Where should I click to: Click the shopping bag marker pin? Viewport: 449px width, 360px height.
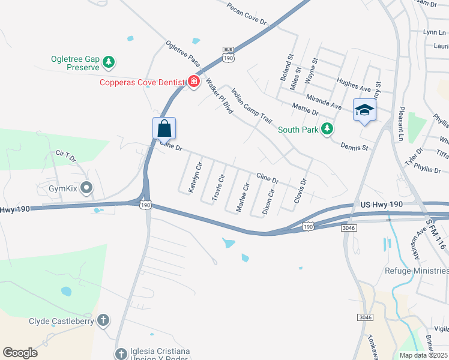(164, 128)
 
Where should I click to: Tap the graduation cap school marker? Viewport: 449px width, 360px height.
(364, 110)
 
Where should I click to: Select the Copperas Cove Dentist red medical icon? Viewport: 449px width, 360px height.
(193, 82)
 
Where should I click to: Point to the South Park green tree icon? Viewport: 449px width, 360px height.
(327, 129)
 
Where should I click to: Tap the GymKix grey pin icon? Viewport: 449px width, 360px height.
(86, 189)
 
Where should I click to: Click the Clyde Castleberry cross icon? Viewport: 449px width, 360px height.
(103, 320)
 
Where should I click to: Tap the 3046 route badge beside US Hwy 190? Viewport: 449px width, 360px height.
(348, 227)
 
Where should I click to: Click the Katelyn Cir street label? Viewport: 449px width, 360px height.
(195, 178)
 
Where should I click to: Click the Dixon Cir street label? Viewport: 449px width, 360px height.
(268, 202)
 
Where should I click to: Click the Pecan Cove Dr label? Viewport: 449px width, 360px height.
(246, 13)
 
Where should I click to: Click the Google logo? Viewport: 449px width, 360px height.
(20, 353)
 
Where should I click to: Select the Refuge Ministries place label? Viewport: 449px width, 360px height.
(416, 271)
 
